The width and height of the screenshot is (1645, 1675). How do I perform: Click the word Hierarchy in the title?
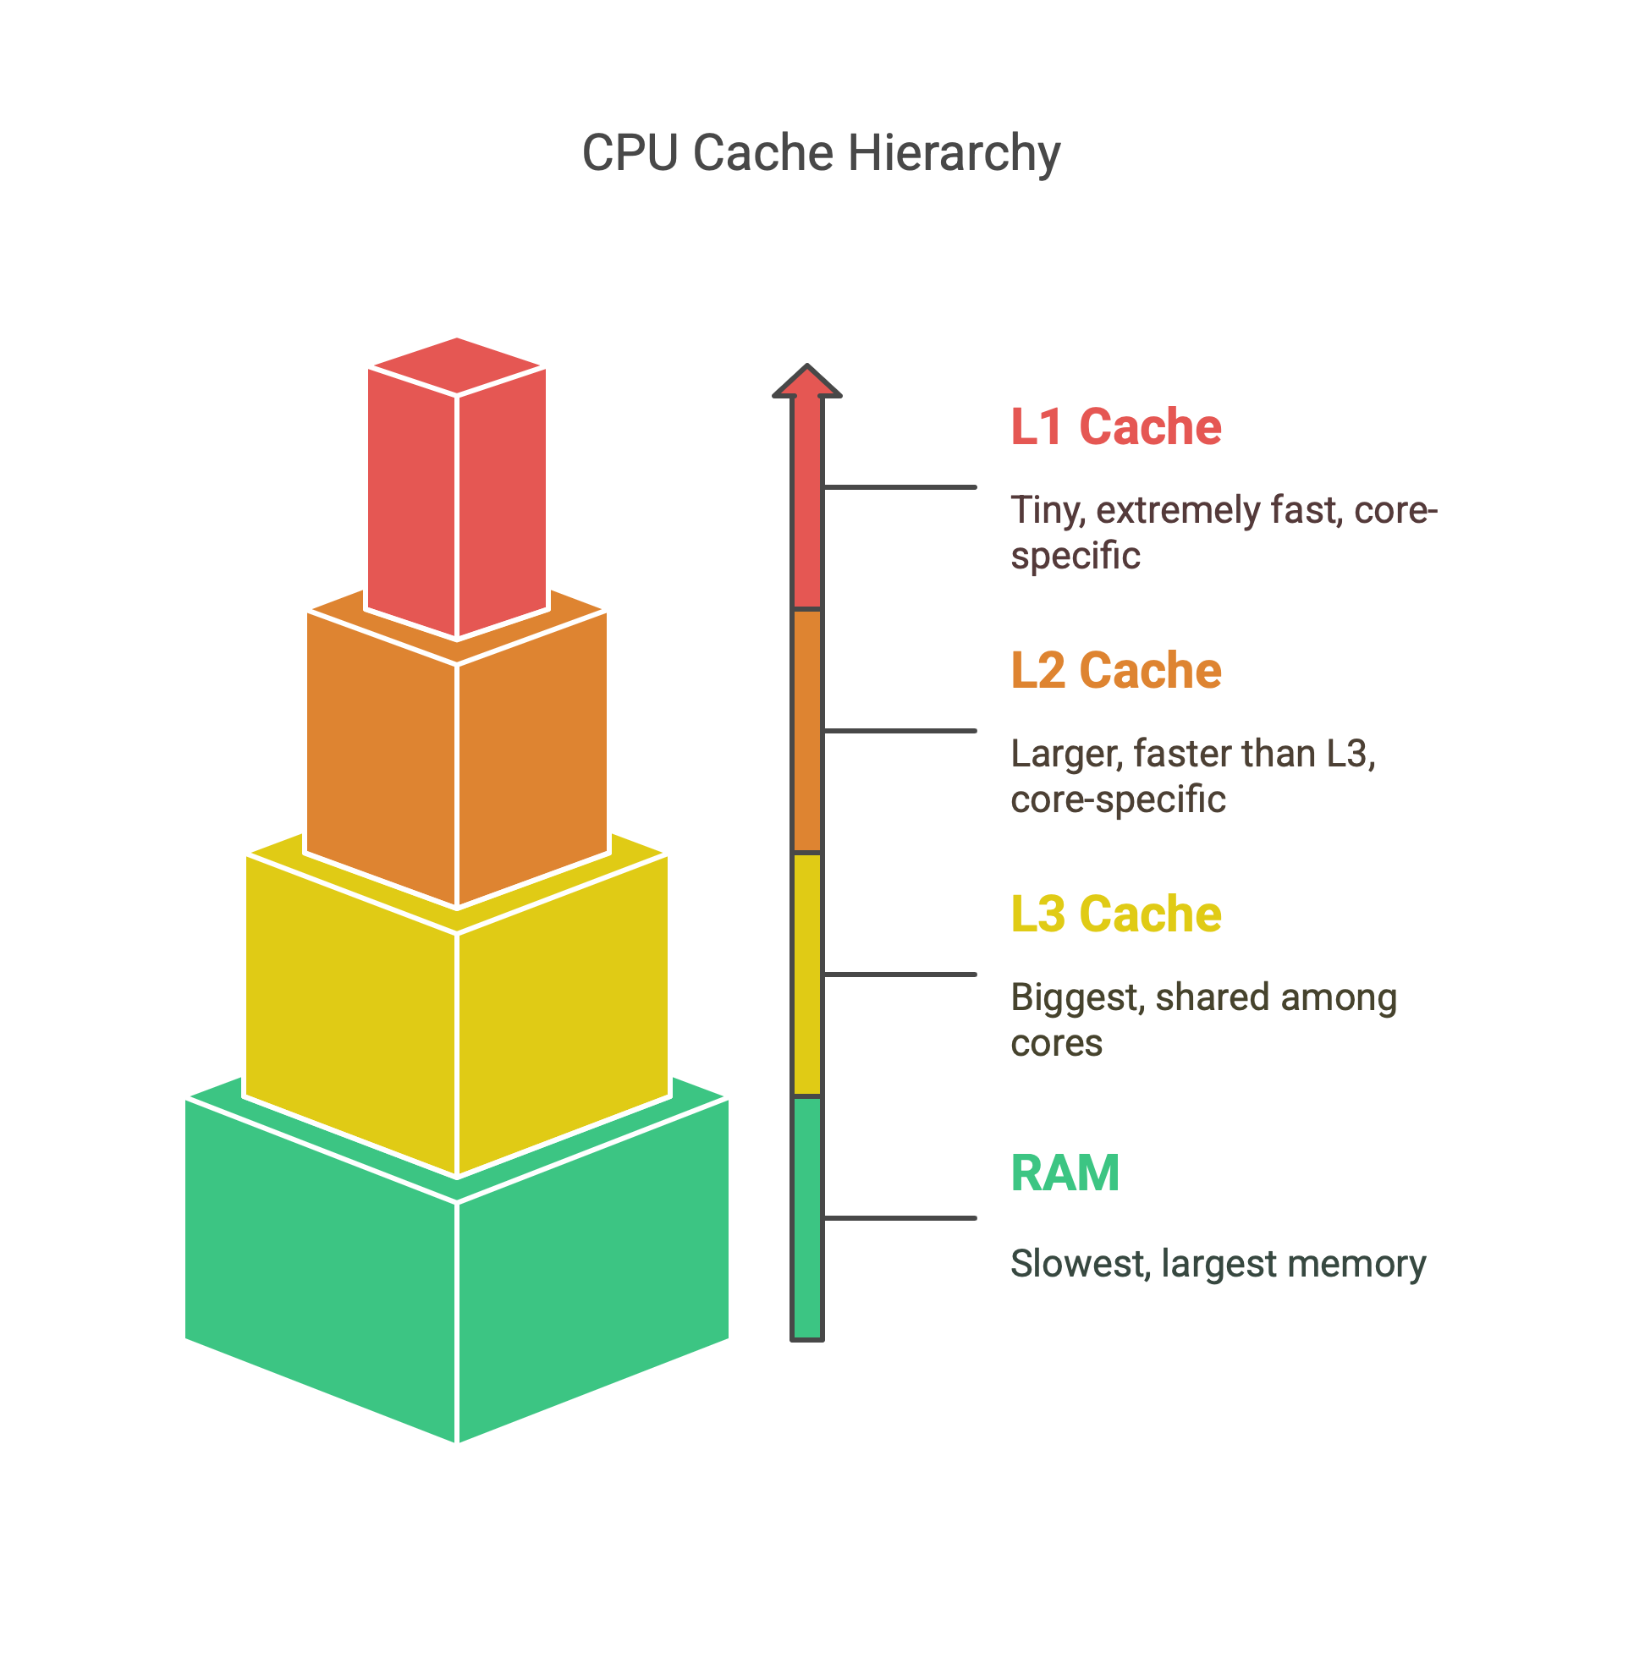point(954,154)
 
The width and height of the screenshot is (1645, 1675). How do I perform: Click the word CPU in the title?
point(630,154)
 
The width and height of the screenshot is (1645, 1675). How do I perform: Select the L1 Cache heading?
point(1115,426)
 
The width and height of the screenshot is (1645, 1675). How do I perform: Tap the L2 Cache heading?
point(1115,670)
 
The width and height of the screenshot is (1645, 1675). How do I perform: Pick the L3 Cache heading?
point(1115,914)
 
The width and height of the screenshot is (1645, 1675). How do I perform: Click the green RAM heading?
point(1065,1173)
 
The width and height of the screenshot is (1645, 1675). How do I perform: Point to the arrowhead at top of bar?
point(807,381)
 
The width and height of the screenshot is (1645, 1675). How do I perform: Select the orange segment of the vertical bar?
point(807,731)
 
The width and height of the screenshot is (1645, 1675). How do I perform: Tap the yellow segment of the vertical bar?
point(807,975)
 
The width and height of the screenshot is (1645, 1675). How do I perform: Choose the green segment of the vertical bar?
point(807,1218)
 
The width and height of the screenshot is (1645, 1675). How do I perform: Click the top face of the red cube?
point(457,365)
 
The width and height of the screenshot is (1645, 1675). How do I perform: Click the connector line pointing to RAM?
point(900,1218)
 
